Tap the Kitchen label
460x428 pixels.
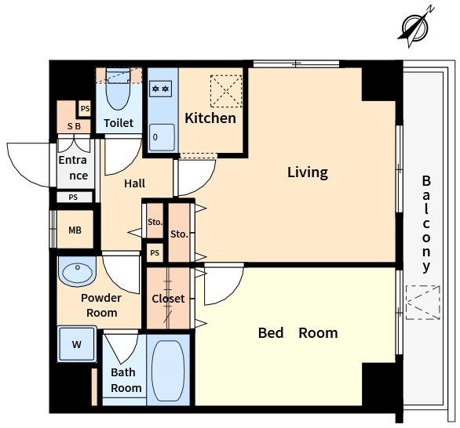[x=210, y=118]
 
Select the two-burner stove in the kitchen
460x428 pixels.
[x=160, y=89]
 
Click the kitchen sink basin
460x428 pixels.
[x=162, y=137]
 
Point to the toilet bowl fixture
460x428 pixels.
[x=119, y=89]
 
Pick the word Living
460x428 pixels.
[x=308, y=172]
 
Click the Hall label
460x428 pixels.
[x=135, y=183]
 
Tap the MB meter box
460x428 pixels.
[x=75, y=230]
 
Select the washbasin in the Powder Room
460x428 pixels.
[x=77, y=271]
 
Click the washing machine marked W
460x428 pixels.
[x=77, y=344]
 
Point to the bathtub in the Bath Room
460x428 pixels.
[x=168, y=371]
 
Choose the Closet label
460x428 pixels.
[x=168, y=299]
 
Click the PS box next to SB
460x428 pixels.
[x=85, y=109]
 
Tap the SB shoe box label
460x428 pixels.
[x=74, y=126]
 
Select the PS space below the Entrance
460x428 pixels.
[x=75, y=198]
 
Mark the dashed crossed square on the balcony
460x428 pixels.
[x=423, y=303]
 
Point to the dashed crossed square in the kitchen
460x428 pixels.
[x=226, y=91]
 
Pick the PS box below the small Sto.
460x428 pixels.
[x=155, y=253]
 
